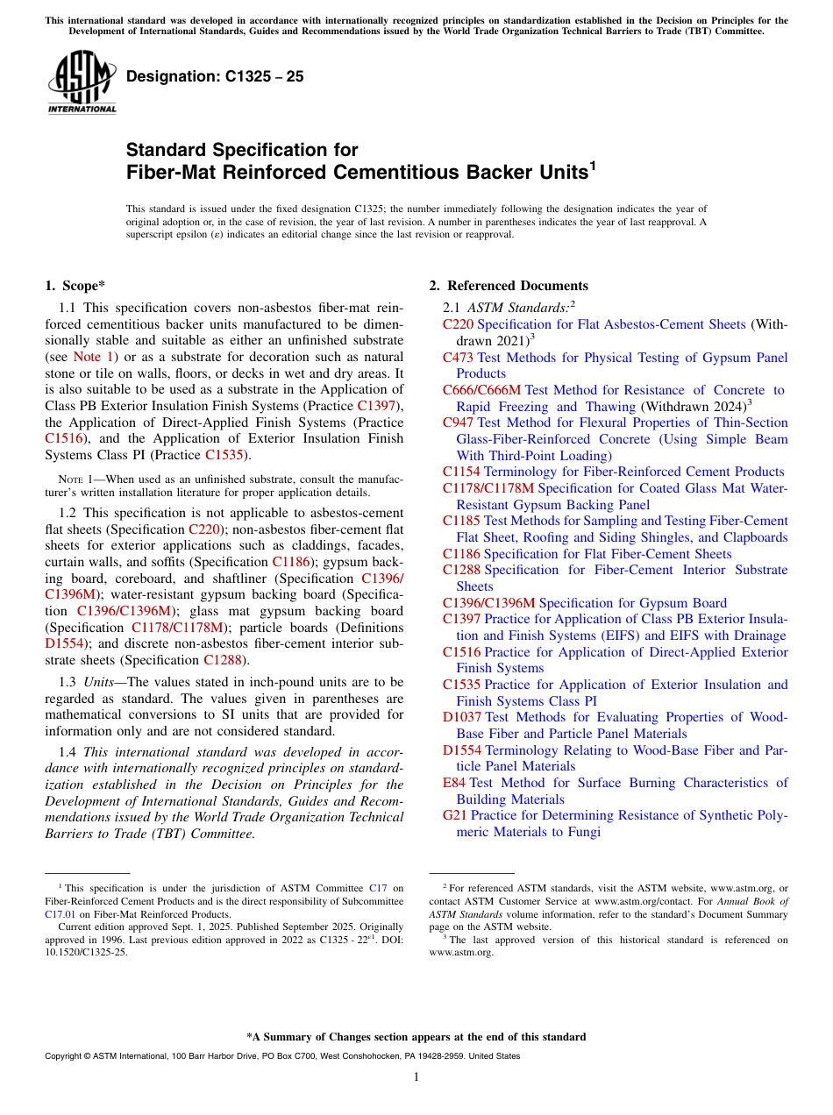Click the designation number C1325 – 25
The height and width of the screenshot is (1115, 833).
pos(215,76)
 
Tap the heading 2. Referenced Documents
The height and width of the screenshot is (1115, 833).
pos(508,286)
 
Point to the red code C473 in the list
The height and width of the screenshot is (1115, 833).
pos(458,358)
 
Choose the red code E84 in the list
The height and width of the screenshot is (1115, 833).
pos(454,783)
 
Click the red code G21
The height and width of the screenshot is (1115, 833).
pos(455,815)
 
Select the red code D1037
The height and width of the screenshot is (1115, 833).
pos(462,717)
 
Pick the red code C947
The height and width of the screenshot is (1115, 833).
pos(458,423)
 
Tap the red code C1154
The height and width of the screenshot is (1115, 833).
pos(461,472)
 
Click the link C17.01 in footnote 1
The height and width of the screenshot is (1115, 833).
pos(60,913)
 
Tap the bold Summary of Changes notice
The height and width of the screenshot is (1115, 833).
pos(416,1037)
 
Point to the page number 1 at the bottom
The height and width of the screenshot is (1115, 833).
pos(416,1077)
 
